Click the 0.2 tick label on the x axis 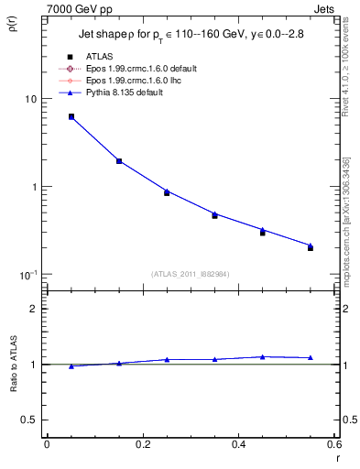click(142, 444)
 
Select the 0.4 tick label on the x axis click(238, 444)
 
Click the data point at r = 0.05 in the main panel click(71, 116)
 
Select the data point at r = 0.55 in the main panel click(311, 247)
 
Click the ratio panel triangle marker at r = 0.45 click(263, 356)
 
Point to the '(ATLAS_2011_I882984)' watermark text click(191, 274)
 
